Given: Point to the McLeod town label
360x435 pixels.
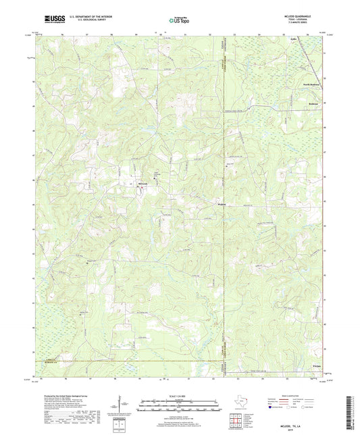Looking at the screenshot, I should [x=143, y=183].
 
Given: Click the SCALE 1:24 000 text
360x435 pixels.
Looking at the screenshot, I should [x=180, y=396].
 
